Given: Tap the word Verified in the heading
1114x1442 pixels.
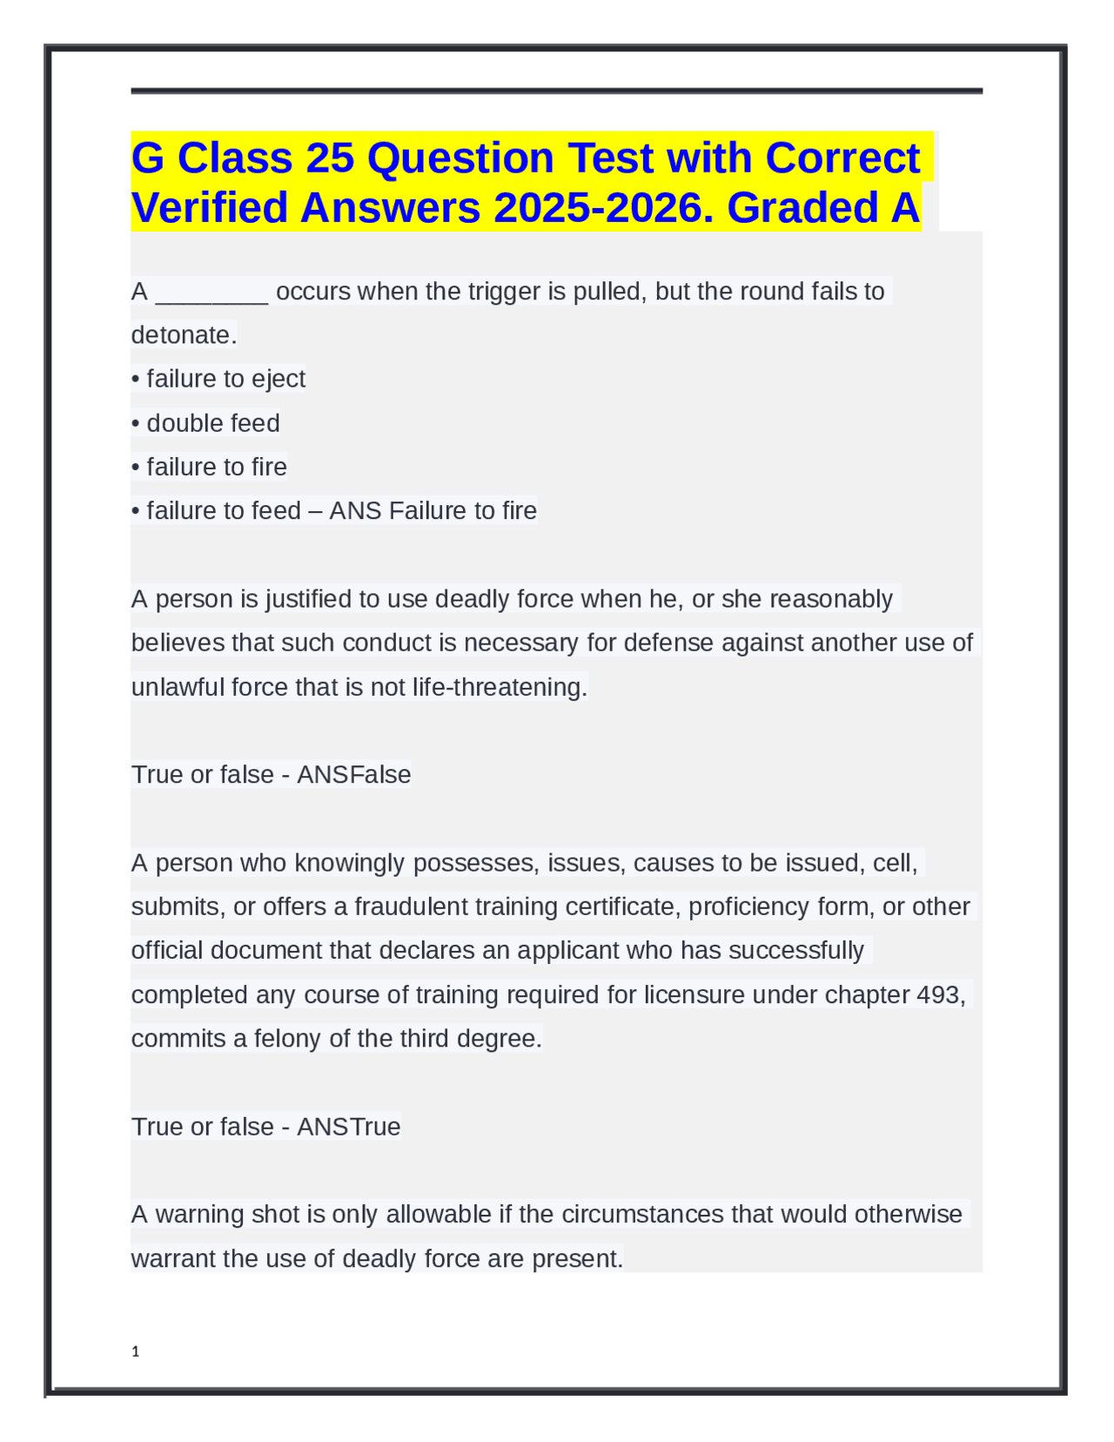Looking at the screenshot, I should pyautogui.click(x=209, y=208).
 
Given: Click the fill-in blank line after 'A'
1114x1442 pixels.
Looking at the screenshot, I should pyautogui.click(x=211, y=293).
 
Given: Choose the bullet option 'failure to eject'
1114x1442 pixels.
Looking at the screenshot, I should pyautogui.click(x=225, y=379).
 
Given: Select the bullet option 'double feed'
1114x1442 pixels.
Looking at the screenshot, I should pyautogui.click(x=212, y=423).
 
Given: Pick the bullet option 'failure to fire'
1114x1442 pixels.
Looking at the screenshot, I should pyautogui.click(x=216, y=467).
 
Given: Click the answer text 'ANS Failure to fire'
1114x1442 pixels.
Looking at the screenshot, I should pyautogui.click(x=433, y=510).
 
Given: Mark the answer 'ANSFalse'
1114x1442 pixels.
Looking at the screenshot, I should pyautogui.click(x=353, y=774).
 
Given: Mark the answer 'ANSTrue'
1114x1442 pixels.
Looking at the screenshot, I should pyautogui.click(x=348, y=1127).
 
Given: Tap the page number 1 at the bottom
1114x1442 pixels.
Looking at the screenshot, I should pyautogui.click(x=135, y=1351).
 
